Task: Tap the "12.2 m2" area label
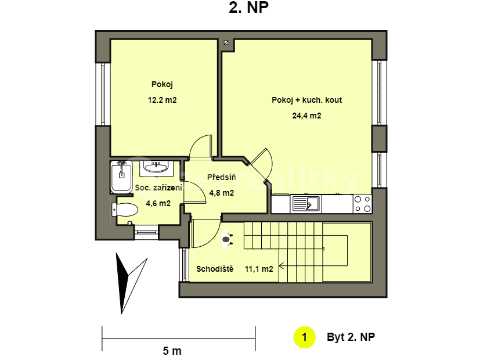[x=162, y=100]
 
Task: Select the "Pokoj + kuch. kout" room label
[x=306, y=100]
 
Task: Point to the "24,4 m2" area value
[x=306, y=116]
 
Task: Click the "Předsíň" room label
[x=221, y=177]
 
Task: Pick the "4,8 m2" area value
[x=221, y=193]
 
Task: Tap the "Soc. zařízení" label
[x=158, y=188]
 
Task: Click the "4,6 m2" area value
[x=158, y=203]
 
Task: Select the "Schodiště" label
[x=215, y=269]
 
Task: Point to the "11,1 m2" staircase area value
[x=259, y=269]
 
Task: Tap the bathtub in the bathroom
[x=121, y=177]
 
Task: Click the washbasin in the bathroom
[x=155, y=167]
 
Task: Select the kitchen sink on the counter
[x=305, y=203]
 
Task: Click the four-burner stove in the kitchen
[x=363, y=204]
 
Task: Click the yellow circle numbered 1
[x=304, y=337]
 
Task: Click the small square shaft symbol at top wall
[x=225, y=42]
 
